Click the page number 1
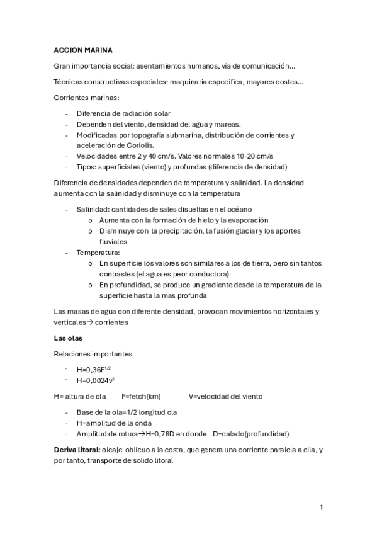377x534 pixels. pyautogui.click(x=321, y=507)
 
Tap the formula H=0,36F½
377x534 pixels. pyautogui.click(x=94, y=369)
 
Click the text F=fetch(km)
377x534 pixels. pyautogui.click(x=141, y=397)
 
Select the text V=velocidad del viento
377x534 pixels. pyautogui.click(x=225, y=397)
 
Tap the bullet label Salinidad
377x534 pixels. pyautogui.click(x=92, y=209)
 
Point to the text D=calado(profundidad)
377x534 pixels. pyautogui.click(x=250, y=434)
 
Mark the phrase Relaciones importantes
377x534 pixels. pyautogui.click(x=93, y=354)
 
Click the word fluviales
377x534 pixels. pyautogui.click(x=113, y=241)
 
